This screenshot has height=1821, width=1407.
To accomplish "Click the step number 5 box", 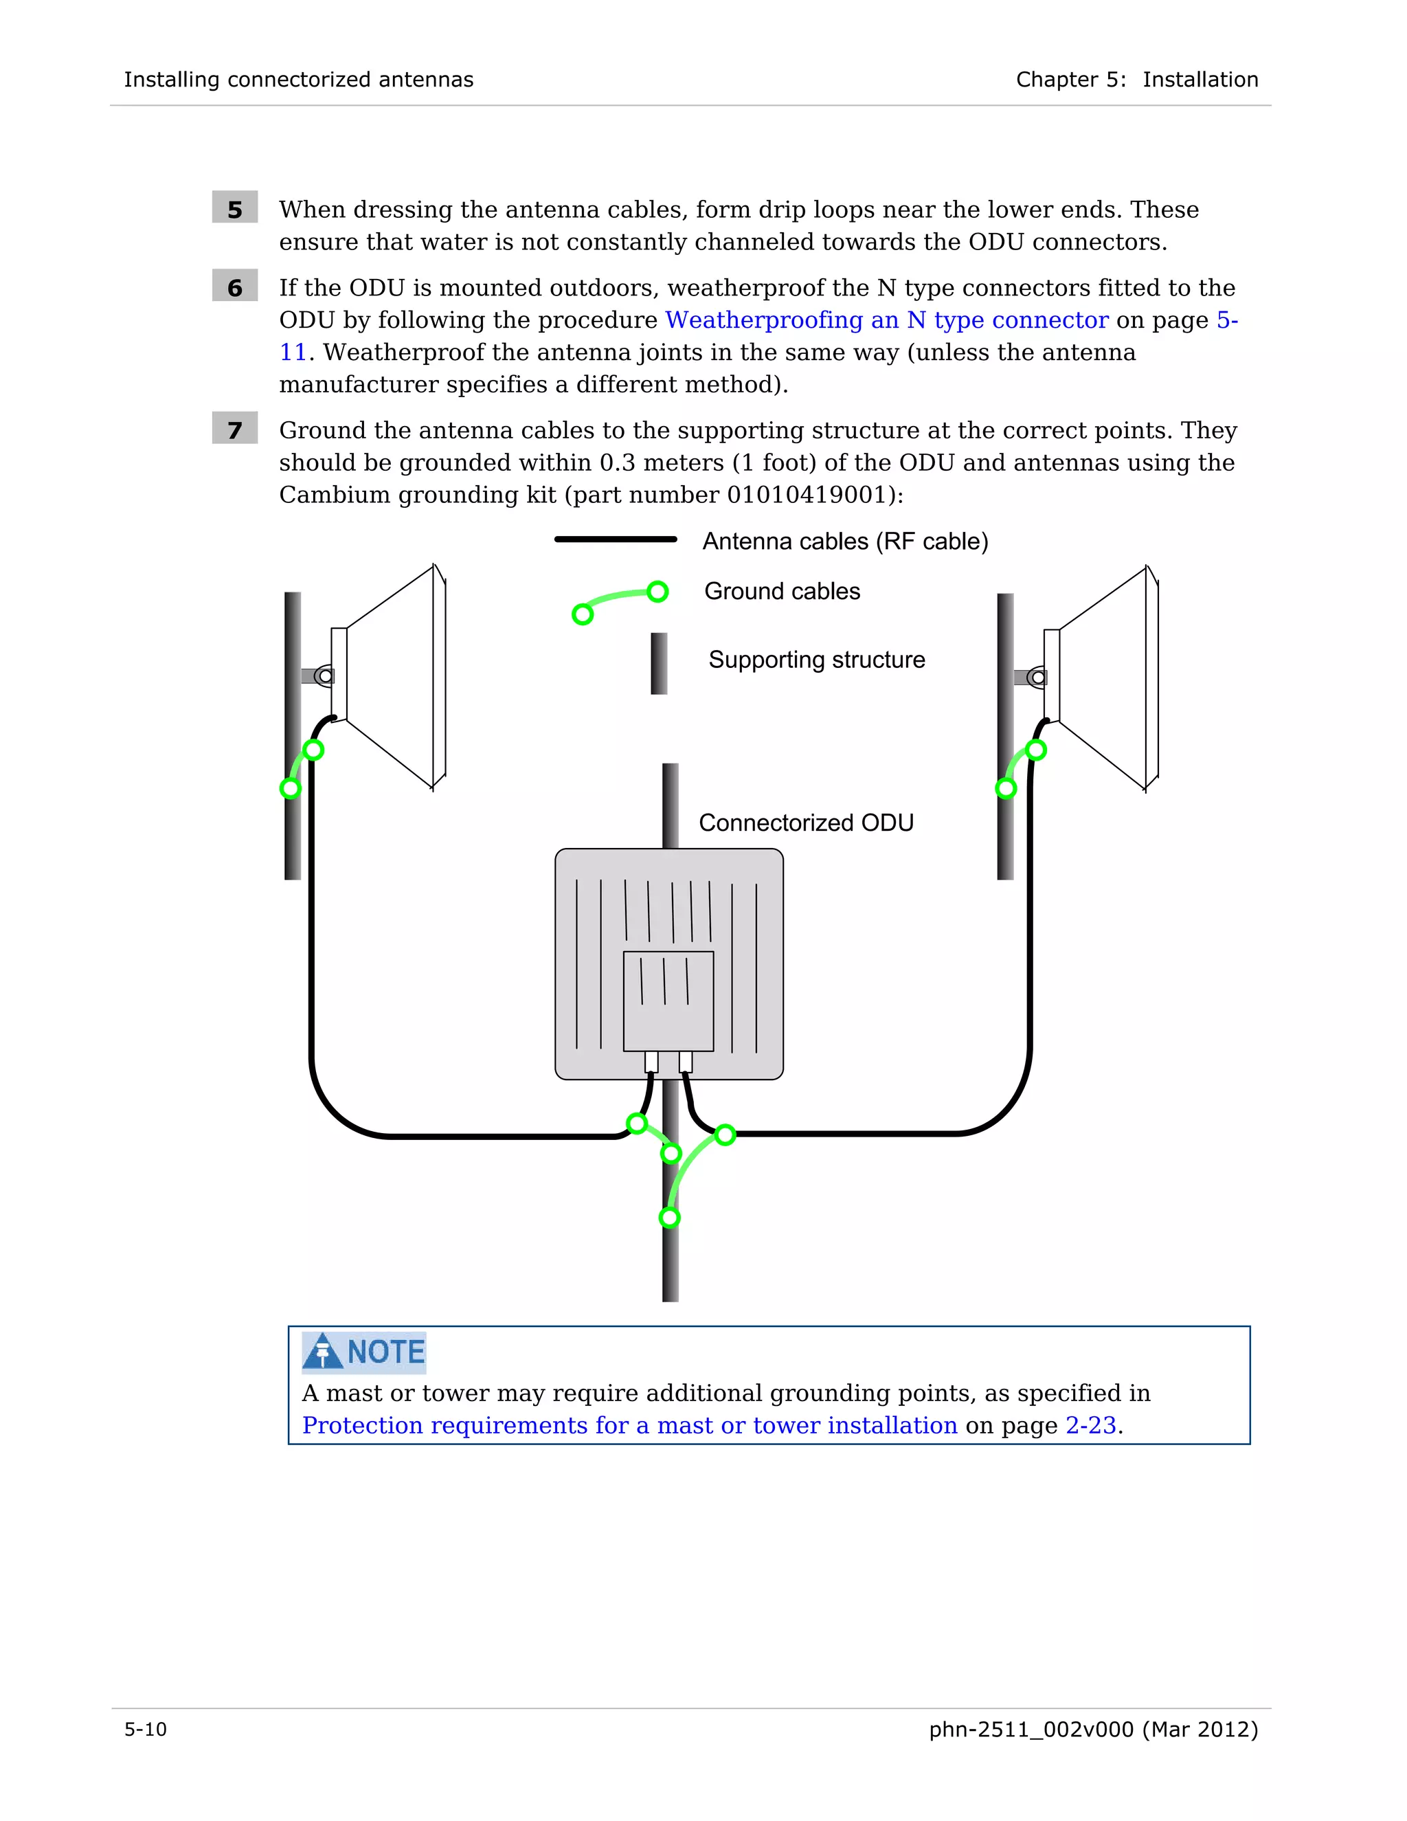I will pyautogui.click(x=234, y=208).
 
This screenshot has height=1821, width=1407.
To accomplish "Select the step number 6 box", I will pyautogui.click(x=234, y=287).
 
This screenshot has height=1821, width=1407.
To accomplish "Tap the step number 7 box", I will pyautogui.click(x=234, y=429).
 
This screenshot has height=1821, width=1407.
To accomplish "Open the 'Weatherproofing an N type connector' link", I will pyautogui.click(x=886, y=320).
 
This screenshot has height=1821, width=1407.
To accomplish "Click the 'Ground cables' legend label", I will pyautogui.click(x=781, y=591).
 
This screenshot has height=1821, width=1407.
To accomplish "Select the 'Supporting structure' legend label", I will pyautogui.click(x=816, y=660).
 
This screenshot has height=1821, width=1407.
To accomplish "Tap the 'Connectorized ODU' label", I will pyautogui.click(x=805, y=823).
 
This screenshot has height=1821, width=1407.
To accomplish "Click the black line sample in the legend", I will pyautogui.click(x=615, y=539).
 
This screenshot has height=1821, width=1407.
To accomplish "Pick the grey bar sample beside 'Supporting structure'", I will pyautogui.click(x=658, y=663).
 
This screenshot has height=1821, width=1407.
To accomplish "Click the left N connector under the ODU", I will pyautogui.click(x=651, y=1062).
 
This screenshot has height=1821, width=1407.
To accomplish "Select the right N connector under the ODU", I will pyautogui.click(x=685, y=1062).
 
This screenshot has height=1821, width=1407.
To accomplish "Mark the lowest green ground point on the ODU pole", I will pyautogui.click(x=669, y=1218).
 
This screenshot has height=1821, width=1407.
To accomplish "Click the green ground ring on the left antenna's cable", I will pyautogui.click(x=313, y=750).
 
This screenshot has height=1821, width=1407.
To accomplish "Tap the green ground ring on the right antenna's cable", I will pyautogui.click(x=1036, y=750).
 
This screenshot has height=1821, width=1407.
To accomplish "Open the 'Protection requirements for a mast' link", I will pyautogui.click(x=629, y=1426).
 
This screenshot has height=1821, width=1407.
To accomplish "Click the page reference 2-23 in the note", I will pyautogui.click(x=1090, y=1426).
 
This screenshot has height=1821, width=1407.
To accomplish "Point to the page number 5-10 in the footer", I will pyautogui.click(x=146, y=1730).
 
